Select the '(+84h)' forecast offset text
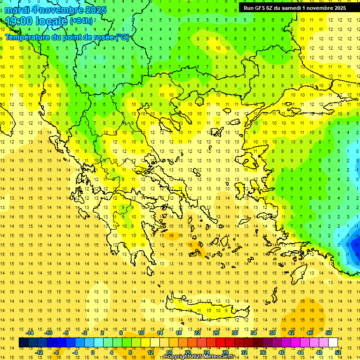tap(81, 21)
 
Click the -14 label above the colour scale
tap(30, 333)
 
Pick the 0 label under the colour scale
tap(93, 352)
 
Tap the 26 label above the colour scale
tap(216, 333)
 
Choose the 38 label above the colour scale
tap(272, 333)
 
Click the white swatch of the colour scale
tap(333, 343)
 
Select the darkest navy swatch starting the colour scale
tap(23, 343)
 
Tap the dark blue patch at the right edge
tap(356, 244)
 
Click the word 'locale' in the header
tap(52, 21)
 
